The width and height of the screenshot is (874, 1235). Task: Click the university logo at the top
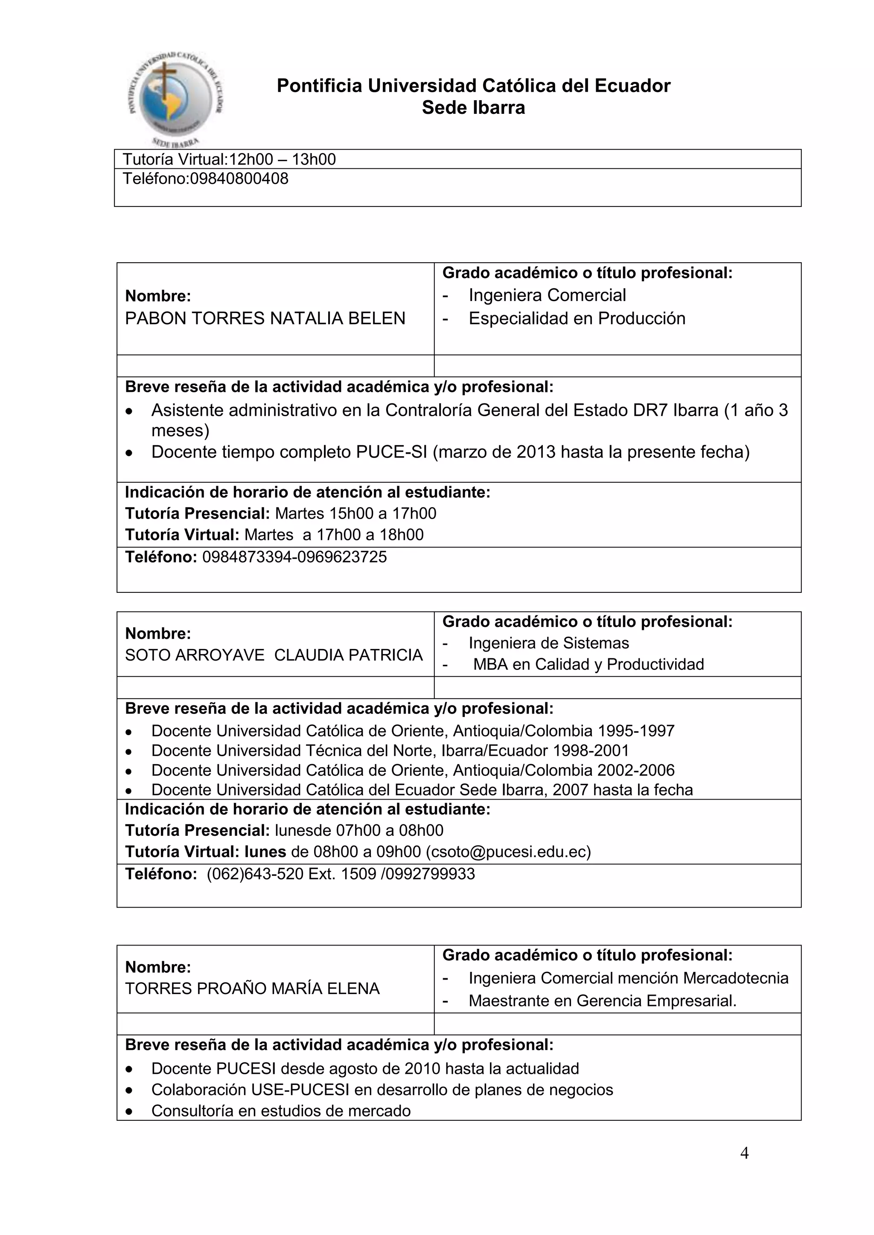[176, 99]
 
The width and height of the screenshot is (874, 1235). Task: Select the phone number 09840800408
[239, 179]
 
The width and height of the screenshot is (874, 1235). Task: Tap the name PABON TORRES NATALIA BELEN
[265, 319]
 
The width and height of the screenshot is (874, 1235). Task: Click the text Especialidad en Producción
[577, 319]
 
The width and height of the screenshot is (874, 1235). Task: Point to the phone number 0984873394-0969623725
[294, 557]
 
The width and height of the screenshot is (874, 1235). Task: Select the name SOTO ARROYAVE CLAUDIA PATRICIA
[274, 655]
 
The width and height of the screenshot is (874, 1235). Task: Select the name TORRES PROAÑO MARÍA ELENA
[252, 989]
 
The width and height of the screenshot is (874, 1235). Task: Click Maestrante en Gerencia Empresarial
[602, 1000]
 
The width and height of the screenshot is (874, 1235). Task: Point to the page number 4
[744, 1153]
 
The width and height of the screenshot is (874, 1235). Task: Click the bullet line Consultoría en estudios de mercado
[280, 1111]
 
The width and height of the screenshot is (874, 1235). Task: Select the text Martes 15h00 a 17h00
[355, 513]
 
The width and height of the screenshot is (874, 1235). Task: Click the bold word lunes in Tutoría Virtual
[265, 852]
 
